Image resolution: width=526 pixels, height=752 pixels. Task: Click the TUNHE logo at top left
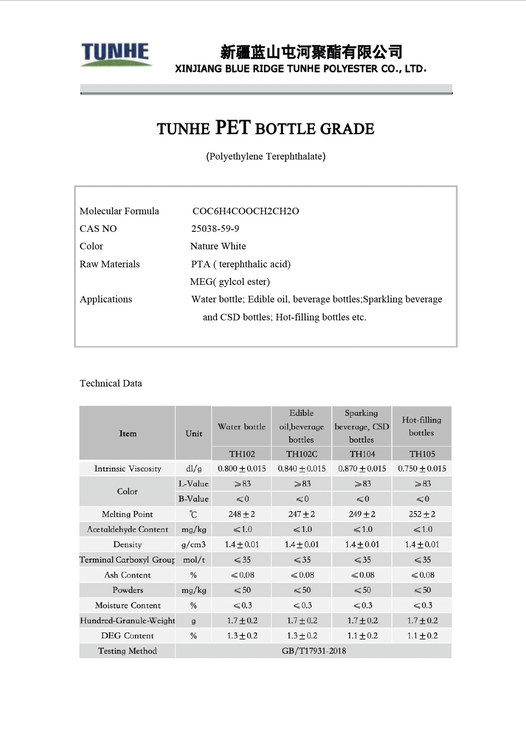point(116,53)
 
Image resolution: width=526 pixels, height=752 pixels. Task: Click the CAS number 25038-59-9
point(215,229)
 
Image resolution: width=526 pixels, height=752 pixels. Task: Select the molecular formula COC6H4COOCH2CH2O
point(245,211)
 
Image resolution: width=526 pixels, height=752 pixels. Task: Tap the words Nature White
point(218,246)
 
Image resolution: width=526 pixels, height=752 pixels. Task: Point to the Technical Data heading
point(111,383)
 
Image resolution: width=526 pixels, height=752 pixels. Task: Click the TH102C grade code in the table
point(302,454)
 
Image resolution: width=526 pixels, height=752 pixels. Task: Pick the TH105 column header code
point(422,454)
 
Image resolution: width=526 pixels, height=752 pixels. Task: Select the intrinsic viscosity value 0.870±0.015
point(362,469)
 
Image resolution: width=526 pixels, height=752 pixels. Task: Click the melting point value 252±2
point(422,514)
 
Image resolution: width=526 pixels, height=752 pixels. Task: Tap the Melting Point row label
point(127,514)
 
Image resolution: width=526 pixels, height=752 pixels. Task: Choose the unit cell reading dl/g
point(194,469)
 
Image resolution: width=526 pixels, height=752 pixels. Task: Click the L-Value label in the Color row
point(193,484)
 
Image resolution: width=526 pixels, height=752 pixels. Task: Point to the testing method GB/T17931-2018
point(314,651)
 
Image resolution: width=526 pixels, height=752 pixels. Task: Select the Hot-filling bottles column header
point(421,426)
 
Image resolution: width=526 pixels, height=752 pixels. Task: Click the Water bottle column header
point(242,427)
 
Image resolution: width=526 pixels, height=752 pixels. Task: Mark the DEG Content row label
point(127,636)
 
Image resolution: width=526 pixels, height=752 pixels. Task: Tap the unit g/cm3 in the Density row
point(193,545)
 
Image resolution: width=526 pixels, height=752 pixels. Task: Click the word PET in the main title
point(233,128)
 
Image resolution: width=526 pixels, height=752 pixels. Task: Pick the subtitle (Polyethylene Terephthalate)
point(266,156)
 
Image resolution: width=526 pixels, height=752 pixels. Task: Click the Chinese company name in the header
point(311,52)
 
